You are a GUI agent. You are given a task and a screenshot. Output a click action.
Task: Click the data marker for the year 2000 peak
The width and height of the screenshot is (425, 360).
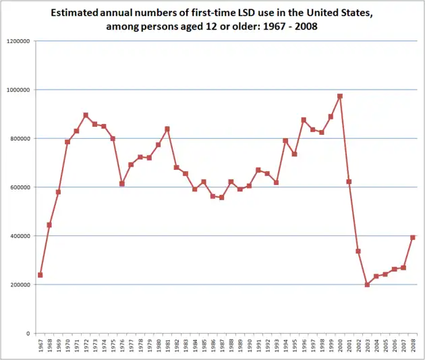tap(340, 96)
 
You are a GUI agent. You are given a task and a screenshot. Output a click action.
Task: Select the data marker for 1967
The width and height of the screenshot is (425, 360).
tap(40, 275)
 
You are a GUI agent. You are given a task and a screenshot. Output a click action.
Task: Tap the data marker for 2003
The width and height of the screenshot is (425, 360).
tap(367, 284)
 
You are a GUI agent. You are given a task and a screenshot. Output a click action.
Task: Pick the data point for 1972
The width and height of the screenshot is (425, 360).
tap(86, 115)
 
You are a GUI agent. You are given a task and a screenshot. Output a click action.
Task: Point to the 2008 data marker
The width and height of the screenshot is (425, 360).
tap(413, 237)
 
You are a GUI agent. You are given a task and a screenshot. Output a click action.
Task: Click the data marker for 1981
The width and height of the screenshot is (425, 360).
tap(167, 129)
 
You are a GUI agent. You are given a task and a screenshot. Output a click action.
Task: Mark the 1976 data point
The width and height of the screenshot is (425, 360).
tap(122, 183)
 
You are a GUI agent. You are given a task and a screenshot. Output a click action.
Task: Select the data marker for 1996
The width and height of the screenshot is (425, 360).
tap(304, 120)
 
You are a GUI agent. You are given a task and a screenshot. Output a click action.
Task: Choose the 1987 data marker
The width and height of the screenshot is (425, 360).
tap(222, 198)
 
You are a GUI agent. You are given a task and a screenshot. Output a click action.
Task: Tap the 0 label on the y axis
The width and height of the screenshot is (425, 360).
tap(27, 333)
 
